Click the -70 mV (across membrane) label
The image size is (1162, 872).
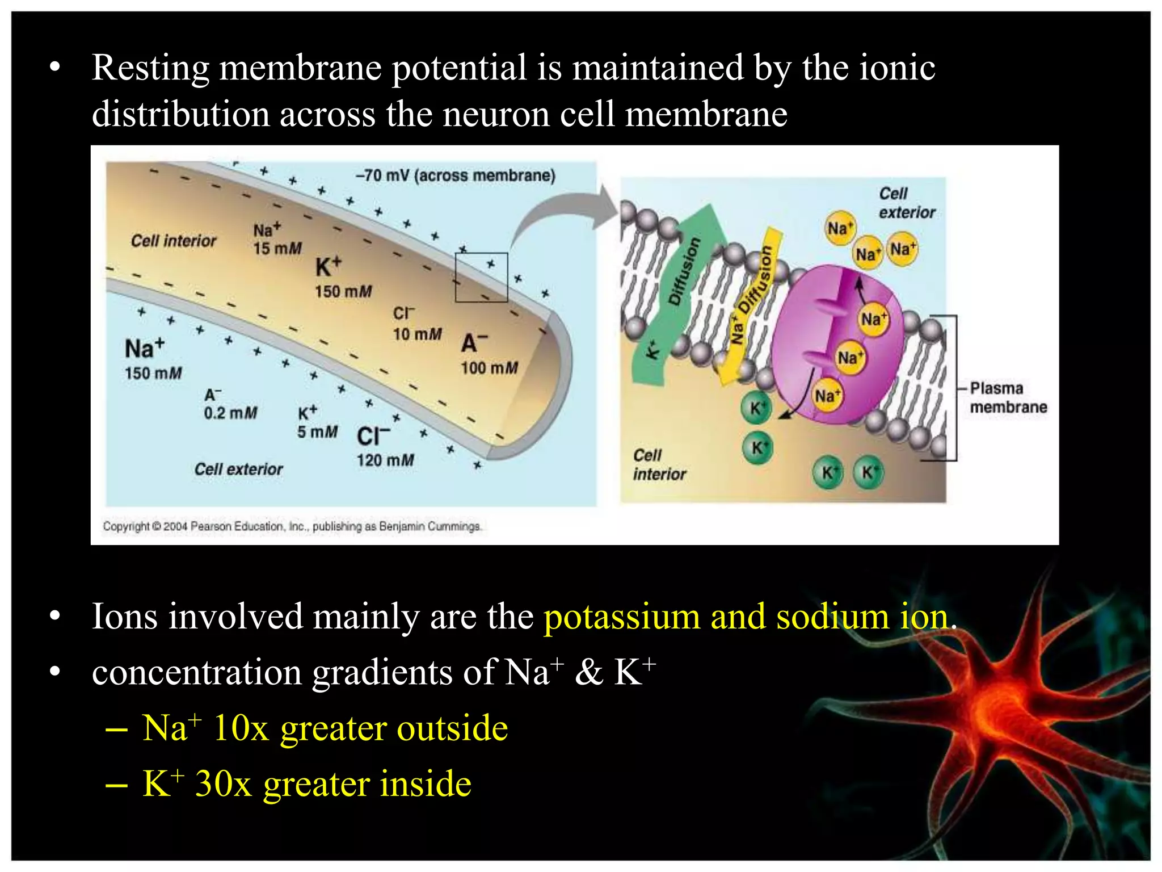(x=455, y=175)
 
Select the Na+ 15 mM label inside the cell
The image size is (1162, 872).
(x=276, y=239)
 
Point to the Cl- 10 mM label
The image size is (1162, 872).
(x=416, y=324)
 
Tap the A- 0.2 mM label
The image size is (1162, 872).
(x=230, y=404)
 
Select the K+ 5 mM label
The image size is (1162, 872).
(x=317, y=422)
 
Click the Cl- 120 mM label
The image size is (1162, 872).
(x=384, y=447)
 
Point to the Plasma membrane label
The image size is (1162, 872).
(x=1008, y=397)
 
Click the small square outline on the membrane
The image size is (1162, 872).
(x=481, y=277)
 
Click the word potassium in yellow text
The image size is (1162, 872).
(x=622, y=617)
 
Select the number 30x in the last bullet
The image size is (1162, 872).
(x=223, y=784)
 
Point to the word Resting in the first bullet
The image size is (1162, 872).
(x=150, y=68)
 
